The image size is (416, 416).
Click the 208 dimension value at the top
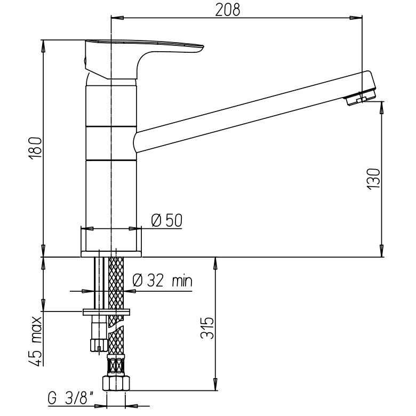click(227, 9)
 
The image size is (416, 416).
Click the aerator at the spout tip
click(362, 99)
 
